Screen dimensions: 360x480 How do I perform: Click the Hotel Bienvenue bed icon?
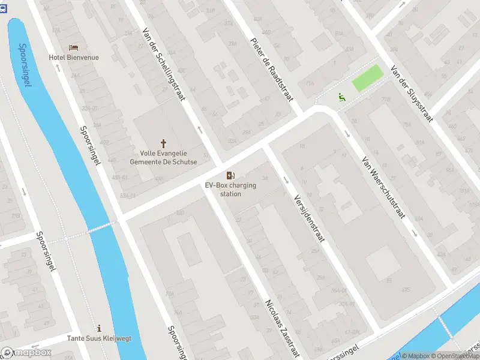pos(74,47)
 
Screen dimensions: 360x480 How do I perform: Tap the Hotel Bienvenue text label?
pos(74,58)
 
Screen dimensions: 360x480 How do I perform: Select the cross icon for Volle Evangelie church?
pos(163,143)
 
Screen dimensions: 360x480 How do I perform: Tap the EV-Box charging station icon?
pos(230,175)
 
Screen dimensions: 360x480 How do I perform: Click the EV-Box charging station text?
pos(230,190)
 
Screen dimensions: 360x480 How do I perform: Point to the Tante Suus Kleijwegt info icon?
pos(99,328)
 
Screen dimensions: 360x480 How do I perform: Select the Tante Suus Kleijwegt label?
pos(99,338)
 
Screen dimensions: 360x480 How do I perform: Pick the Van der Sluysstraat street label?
pos(411,93)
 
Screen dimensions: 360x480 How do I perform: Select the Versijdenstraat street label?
pos(309,217)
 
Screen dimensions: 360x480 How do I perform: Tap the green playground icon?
pos(341,96)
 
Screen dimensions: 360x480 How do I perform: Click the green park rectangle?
pos(367,79)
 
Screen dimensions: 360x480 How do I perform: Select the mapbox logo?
pos(26,353)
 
